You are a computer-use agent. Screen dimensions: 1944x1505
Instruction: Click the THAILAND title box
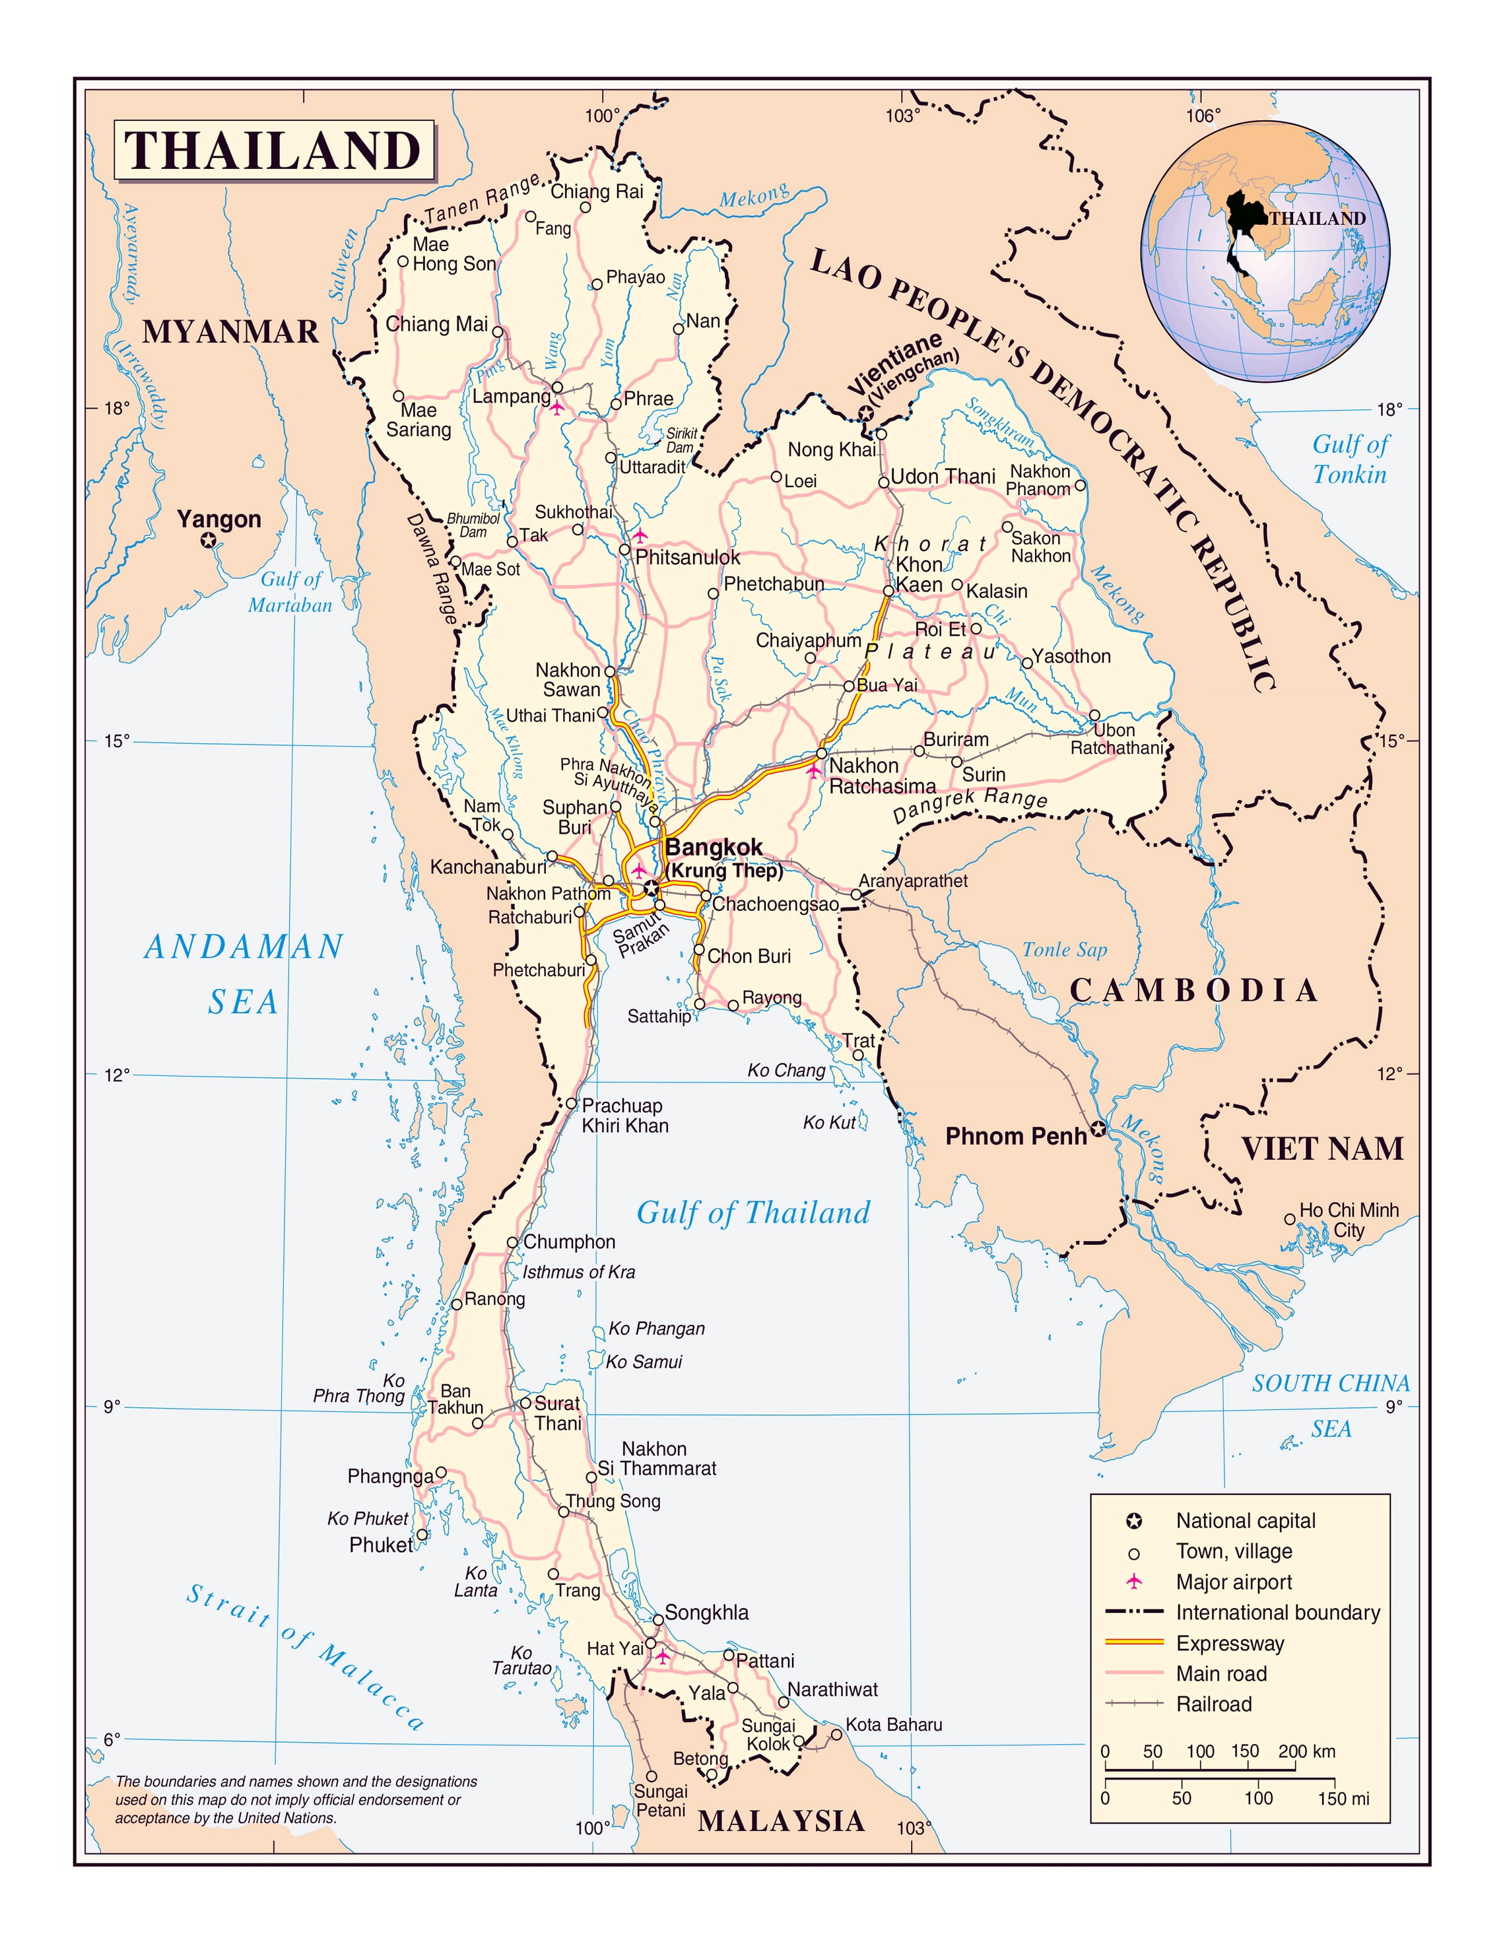tap(273, 151)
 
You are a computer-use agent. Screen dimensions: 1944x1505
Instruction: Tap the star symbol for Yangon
tap(209, 539)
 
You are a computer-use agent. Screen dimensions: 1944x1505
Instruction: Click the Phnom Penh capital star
tap(1098, 1129)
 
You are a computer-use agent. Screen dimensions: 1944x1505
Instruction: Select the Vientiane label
tap(894, 363)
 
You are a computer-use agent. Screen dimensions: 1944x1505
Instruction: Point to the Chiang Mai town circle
tap(498, 332)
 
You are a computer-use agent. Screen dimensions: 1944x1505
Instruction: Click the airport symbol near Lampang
tap(557, 408)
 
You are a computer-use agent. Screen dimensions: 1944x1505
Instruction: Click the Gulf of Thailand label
tap(753, 1213)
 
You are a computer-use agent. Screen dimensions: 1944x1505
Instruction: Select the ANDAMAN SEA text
tap(244, 973)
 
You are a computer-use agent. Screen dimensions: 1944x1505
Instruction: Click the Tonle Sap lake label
tap(1065, 950)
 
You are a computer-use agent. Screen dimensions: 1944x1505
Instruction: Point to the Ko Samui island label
tap(644, 1362)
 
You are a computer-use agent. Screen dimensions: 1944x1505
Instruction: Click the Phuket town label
tap(381, 1545)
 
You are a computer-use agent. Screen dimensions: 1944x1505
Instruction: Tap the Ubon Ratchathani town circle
tap(1094, 715)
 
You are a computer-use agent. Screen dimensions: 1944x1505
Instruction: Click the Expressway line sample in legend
tap(1134, 1642)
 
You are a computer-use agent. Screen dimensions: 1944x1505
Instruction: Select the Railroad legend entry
tap(1213, 1704)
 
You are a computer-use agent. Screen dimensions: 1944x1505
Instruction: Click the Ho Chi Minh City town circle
tap(1290, 1219)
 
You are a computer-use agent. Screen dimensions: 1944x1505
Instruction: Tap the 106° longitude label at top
tap(1203, 116)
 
